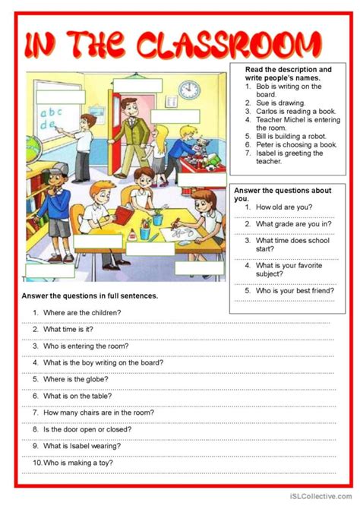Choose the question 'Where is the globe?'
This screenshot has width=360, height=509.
click(73, 378)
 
